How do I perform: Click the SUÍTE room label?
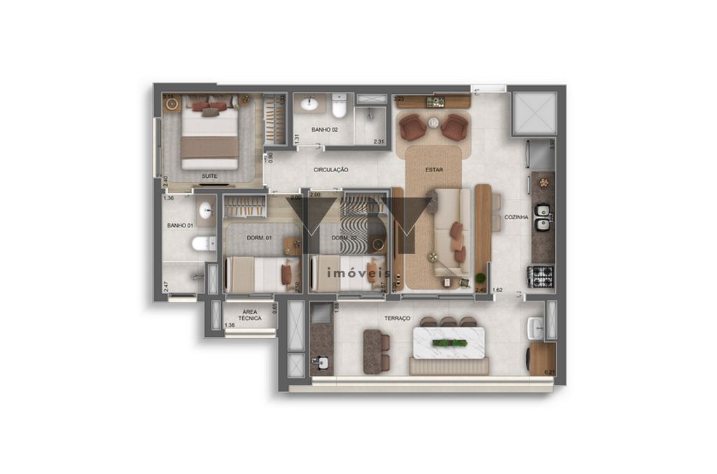tap(209, 176)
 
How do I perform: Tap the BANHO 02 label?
tap(325, 130)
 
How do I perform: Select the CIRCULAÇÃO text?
tap(331, 169)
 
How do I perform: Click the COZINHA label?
tap(517, 217)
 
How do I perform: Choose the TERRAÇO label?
tap(398, 319)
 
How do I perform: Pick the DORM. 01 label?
tap(259, 239)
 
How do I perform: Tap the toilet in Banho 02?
tap(340, 107)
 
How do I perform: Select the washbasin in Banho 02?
tap(309, 105)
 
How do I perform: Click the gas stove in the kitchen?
tap(541, 277)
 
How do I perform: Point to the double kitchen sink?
tap(543, 217)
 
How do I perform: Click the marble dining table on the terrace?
tap(449, 343)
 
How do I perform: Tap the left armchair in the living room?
tap(412, 127)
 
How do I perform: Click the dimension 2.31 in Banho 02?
tap(379, 142)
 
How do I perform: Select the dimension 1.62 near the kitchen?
tap(498, 290)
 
